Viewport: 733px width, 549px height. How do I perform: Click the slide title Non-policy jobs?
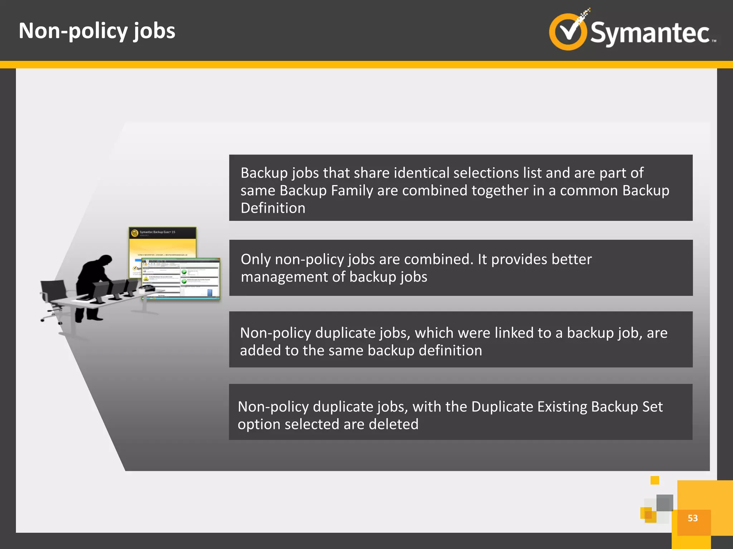[x=97, y=31]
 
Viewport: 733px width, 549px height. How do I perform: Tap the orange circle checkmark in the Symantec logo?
[x=568, y=31]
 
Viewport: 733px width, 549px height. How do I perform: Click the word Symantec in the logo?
[x=650, y=33]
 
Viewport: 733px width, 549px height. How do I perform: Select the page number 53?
[x=693, y=518]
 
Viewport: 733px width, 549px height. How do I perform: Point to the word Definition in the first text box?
[x=273, y=208]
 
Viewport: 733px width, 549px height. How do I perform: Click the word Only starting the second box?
[x=256, y=259]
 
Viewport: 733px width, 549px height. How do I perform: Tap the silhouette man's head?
[x=105, y=261]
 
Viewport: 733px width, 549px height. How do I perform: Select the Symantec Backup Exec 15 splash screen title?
[x=157, y=232]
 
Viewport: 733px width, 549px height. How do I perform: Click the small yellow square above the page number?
[x=655, y=480]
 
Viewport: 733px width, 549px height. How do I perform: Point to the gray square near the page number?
[x=665, y=503]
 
